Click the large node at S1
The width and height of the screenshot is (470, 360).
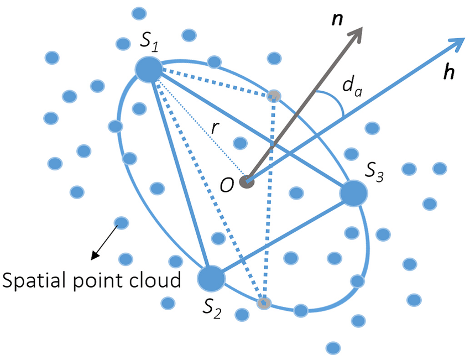click(149, 70)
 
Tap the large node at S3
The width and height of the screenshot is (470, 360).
click(353, 194)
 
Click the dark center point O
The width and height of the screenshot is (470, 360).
click(247, 181)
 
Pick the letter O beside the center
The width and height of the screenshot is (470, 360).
click(227, 186)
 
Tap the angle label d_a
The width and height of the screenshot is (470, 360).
click(351, 86)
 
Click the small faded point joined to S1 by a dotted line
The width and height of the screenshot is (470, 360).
click(273, 96)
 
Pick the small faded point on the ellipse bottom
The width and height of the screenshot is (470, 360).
click(265, 302)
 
